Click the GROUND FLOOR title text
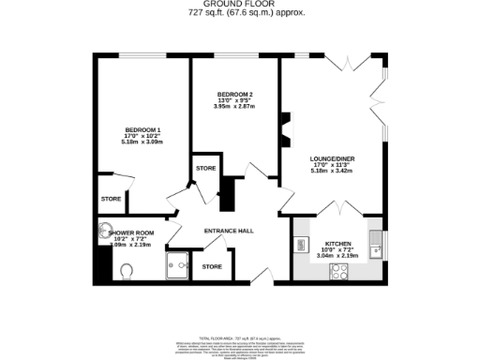[240, 5]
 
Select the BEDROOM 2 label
[235, 94]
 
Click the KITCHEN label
[337, 241]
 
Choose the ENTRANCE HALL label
[229, 229]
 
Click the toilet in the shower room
[128, 271]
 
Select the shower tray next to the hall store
[178, 267]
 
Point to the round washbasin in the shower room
[105, 230]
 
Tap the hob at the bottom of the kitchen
[338, 272]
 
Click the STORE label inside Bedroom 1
[111, 199]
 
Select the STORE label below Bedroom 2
[205, 168]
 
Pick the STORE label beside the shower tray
[212, 266]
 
